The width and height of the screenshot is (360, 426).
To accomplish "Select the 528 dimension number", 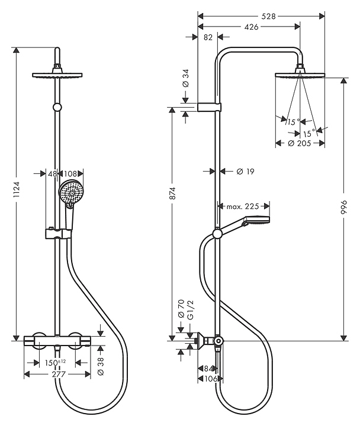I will [261, 16].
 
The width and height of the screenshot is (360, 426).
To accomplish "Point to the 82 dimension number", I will [208, 37].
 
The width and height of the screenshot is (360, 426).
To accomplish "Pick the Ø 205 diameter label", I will [300, 143].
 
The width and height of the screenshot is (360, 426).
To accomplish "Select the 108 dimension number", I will [70, 173].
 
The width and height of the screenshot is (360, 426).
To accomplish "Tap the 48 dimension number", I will [52, 173].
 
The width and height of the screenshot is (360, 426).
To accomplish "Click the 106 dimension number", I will [210, 379].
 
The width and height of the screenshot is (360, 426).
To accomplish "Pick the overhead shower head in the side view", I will [301, 73].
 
